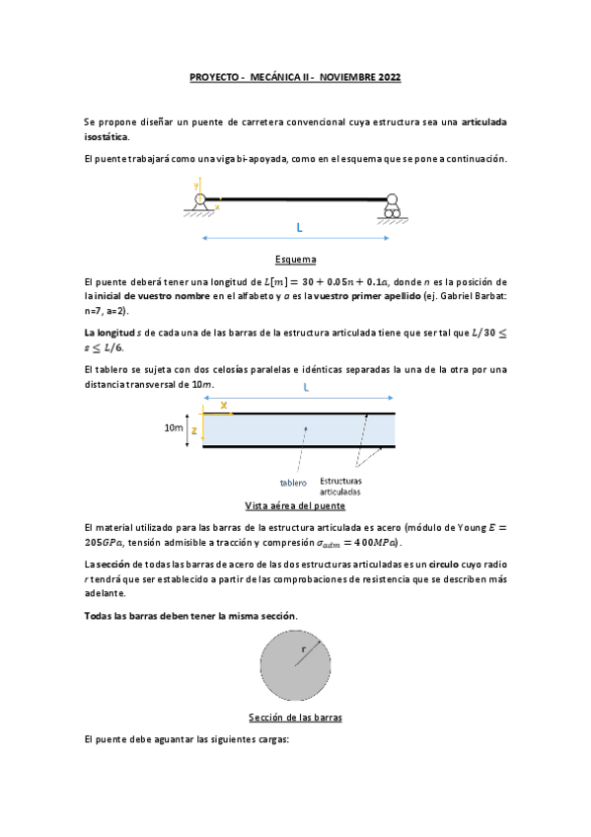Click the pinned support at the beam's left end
click(x=200, y=203)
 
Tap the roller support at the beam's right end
click(x=393, y=206)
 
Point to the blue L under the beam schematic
click(x=299, y=228)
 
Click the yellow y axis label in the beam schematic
click(x=196, y=185)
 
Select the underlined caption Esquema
click(x=296, y=260)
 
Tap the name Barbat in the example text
click(x=486, y=296)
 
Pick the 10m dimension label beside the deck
click(x=174, y=428)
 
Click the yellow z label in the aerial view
click(x=195, y=430)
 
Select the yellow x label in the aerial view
click(x=223, y=405)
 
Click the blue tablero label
click(x=293, y=483)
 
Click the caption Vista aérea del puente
click(x=295, y=504)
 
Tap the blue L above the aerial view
click(x=307, y=388)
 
